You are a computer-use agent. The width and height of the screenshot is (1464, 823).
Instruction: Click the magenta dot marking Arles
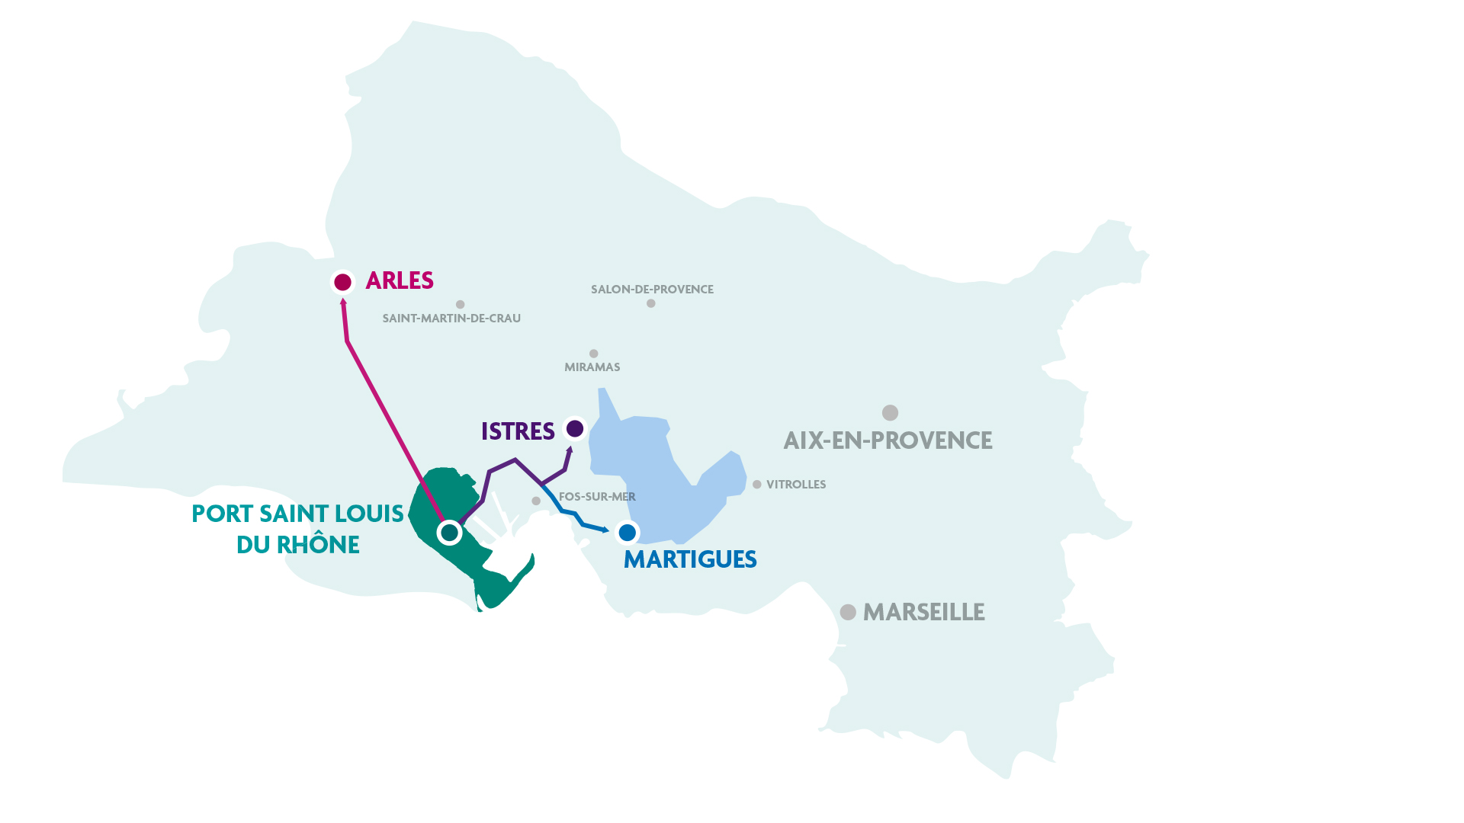click(x=342, y=282)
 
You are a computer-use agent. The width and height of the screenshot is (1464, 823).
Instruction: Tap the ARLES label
click(x=400, y=280)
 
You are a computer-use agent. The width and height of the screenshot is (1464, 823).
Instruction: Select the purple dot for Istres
click(x=575, y=428)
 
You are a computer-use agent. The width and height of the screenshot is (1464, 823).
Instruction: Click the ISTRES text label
click(x=518, y=431)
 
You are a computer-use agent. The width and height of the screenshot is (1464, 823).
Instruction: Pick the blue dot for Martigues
click(x=627, y=532)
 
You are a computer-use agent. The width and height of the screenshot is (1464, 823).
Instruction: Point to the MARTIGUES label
click(x=690, y=559)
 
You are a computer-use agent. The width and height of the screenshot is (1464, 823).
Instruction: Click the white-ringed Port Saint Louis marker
click(x=450, y=532)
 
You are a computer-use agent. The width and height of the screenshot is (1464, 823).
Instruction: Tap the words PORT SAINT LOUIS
click(x=297, y=514)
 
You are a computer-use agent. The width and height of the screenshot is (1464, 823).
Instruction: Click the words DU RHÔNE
click(x=297, y=545)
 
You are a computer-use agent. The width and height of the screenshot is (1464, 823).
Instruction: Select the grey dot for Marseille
click(x=848, y=612)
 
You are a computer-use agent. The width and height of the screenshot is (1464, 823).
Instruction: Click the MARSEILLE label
click(x=923, y=612)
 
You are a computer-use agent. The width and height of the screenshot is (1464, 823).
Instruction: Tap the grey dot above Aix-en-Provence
click(x=890, y=412)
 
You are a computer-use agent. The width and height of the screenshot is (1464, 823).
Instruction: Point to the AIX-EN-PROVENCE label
click(x=888, y=440)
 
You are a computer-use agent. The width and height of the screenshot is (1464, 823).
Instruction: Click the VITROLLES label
click(x=795, y=485)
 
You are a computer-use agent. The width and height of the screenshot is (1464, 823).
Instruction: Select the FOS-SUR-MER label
click(x=597, y=497)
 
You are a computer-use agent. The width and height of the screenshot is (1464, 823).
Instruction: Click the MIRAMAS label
click(x=592, y=367)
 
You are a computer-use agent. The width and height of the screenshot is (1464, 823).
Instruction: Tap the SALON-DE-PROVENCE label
click(x=652, y=290)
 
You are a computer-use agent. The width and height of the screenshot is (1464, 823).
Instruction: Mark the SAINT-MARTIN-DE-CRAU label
click(x=451, y=319)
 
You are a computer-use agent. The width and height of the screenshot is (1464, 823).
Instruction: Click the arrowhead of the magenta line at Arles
click(x=343, y=303)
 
